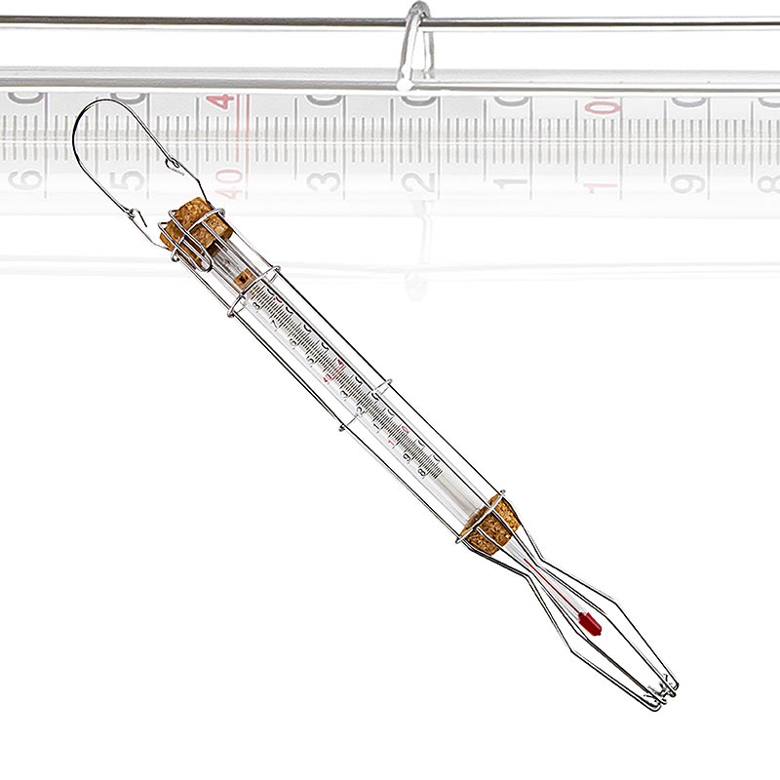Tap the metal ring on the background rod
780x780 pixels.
click(x=413, y=44)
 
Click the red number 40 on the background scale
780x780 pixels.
click(x=231, y=179)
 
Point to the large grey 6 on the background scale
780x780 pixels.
click(x=27, y=179)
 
